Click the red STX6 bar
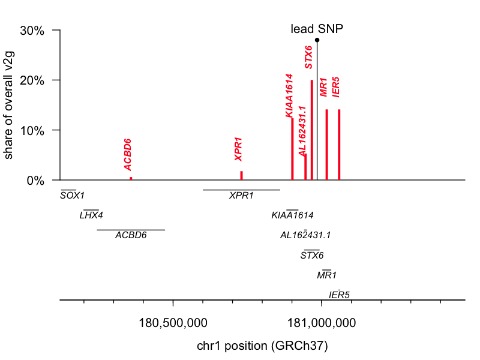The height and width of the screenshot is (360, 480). (x=312, y=130)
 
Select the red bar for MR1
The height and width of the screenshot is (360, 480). (x=326, y=145)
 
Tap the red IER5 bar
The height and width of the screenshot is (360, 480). (x=339, y=145)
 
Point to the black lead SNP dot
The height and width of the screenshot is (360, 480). (x=317, y=40)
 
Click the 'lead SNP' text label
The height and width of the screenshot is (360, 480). (x=317, y=29)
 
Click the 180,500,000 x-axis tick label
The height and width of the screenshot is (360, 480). (x=173, y=323)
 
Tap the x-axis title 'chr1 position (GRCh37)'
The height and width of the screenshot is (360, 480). (x=262, y=346)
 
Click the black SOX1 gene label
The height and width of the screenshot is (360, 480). (x=72, y=196)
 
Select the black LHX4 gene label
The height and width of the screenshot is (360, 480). (x=91, y=215)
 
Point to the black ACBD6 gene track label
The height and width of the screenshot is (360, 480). (x=131, y=235)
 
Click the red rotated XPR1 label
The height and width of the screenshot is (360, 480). (x=239, y=149)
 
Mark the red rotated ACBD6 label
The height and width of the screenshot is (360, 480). (x=128, y=154)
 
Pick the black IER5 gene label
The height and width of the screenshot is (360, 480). (x=339, y=295)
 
